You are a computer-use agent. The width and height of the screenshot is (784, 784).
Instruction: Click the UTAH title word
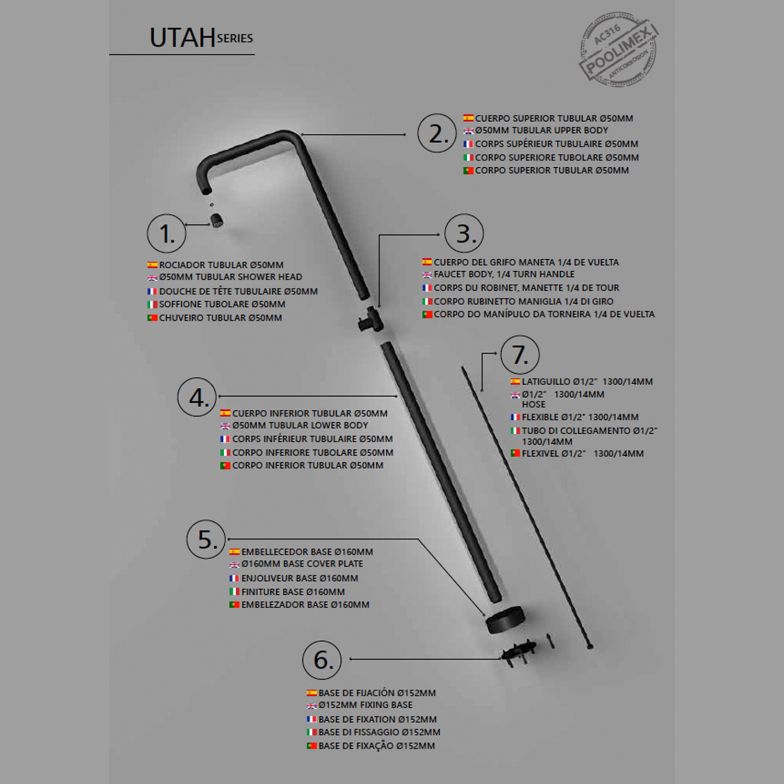(x=182, y=38)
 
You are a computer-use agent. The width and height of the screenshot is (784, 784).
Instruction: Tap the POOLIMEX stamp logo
(x=618, y=50)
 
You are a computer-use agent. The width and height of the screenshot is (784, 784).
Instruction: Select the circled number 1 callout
(x=167, y=234)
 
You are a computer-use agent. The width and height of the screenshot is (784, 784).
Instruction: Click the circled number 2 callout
(x=437, y=133)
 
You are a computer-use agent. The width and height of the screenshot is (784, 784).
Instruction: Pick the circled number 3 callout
(x=464, y=234)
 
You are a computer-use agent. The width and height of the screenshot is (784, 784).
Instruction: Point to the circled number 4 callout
(x=197, y=397)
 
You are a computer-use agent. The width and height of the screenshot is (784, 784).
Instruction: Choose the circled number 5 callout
(x=206, y=539)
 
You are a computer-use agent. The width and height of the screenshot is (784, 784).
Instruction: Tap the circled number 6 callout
(x=322, y=660)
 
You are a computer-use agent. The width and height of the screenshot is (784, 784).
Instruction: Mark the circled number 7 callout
(x=520, y=355)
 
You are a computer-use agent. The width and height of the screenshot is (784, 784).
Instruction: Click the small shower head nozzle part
(x=216, y=220)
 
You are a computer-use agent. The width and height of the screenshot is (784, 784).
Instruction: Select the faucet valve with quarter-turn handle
(x=370, y=319)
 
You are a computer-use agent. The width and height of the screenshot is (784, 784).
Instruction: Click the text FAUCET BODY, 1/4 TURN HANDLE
(x=504, y=274)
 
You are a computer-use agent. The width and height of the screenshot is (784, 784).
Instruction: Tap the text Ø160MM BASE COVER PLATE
(x=302, y=564)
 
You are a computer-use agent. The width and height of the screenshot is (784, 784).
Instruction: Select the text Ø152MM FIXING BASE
(x=365, y=705)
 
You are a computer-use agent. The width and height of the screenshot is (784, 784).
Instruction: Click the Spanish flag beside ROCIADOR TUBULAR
(x=153, y=265)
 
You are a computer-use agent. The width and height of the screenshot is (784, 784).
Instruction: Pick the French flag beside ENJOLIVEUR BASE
(x=235, y=578)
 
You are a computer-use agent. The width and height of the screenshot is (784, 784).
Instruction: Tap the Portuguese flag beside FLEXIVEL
(x=515, y=453)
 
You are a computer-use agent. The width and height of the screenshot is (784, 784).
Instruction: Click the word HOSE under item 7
(x=534, y=405)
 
